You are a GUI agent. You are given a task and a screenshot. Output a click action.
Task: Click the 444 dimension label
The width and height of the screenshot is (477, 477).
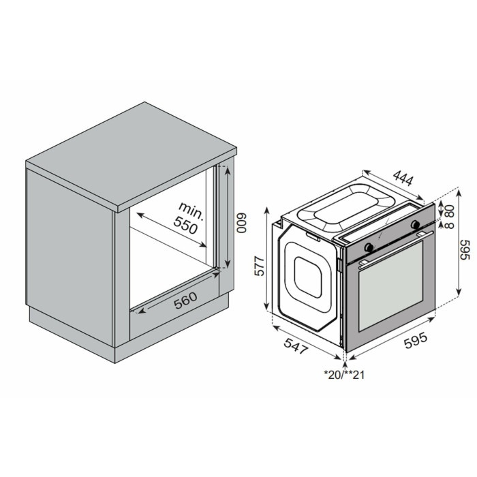403,179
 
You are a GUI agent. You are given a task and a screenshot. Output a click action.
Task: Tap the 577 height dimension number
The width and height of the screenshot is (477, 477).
259,266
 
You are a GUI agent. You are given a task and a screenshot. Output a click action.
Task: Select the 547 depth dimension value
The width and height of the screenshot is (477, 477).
296,346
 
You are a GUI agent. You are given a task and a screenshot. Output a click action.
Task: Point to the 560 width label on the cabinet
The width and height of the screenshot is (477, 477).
185,301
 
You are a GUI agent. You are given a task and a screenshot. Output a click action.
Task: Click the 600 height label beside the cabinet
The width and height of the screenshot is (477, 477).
242,223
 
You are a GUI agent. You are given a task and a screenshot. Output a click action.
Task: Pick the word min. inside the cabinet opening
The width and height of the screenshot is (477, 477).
191,211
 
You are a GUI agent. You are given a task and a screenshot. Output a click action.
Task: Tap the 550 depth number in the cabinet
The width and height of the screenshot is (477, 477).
185,226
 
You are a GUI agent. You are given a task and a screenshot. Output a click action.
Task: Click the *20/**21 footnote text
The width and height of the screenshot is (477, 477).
344,375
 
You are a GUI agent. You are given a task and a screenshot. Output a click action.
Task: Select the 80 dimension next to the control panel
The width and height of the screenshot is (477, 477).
450,210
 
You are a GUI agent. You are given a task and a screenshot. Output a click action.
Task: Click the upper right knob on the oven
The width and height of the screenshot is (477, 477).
415,224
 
